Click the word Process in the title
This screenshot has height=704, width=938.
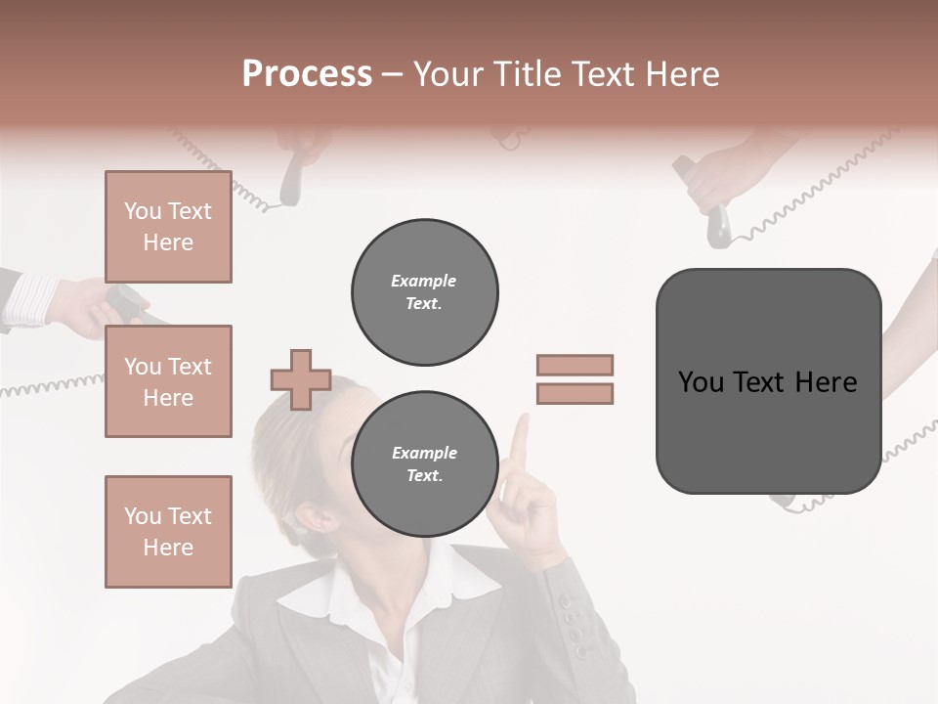[x=307, y=74]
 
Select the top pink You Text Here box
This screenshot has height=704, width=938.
[x=168, y=227]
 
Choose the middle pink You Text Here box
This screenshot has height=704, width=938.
[x=168, y=381]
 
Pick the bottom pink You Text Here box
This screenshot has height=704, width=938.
[x=168, y=531]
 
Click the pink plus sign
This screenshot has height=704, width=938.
[x=301, y=379]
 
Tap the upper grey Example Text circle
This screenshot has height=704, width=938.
[x=424, y=291]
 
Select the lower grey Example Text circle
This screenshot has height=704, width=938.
[x=424, y=464]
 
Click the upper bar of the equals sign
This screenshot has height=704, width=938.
[x=575, y=365]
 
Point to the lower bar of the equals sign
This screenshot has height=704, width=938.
[x=575, y=393]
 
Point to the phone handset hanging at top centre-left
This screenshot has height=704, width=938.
[x=291, y=181]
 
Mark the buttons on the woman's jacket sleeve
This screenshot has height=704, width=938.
[x=573, y=626]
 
